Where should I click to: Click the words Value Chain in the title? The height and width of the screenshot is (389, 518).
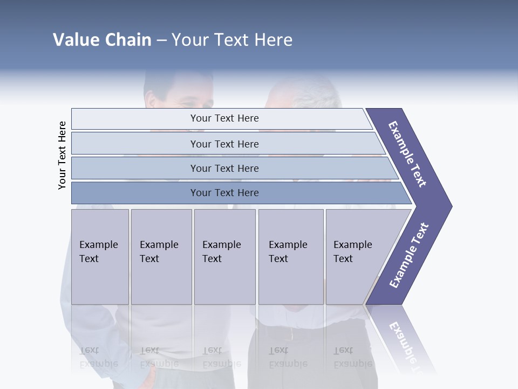[102, 40]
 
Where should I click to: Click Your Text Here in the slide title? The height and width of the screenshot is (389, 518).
[232, 40]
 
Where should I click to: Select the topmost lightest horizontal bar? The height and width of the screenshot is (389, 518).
[224, 118]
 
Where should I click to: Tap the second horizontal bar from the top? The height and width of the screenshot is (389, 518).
[224, 144]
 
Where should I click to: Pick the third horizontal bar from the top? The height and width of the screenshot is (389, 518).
[224, 168]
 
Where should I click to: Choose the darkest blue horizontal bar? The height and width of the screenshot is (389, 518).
[224, 193]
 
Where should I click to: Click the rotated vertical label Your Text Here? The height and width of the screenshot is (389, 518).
[62, 155]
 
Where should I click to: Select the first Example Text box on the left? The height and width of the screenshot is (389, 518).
[100, 256]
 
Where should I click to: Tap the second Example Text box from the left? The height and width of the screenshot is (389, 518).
[161, 256]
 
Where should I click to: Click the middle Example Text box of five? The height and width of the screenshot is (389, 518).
[224, 256]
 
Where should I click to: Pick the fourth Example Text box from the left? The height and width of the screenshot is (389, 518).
[290, 256]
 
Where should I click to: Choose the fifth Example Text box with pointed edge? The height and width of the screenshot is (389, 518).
[359, 256]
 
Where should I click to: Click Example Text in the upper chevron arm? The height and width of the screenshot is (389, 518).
[407, 154]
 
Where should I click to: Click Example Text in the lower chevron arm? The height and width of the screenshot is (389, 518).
[409, 255]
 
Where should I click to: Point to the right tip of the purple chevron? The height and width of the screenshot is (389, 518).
[450, 206]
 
